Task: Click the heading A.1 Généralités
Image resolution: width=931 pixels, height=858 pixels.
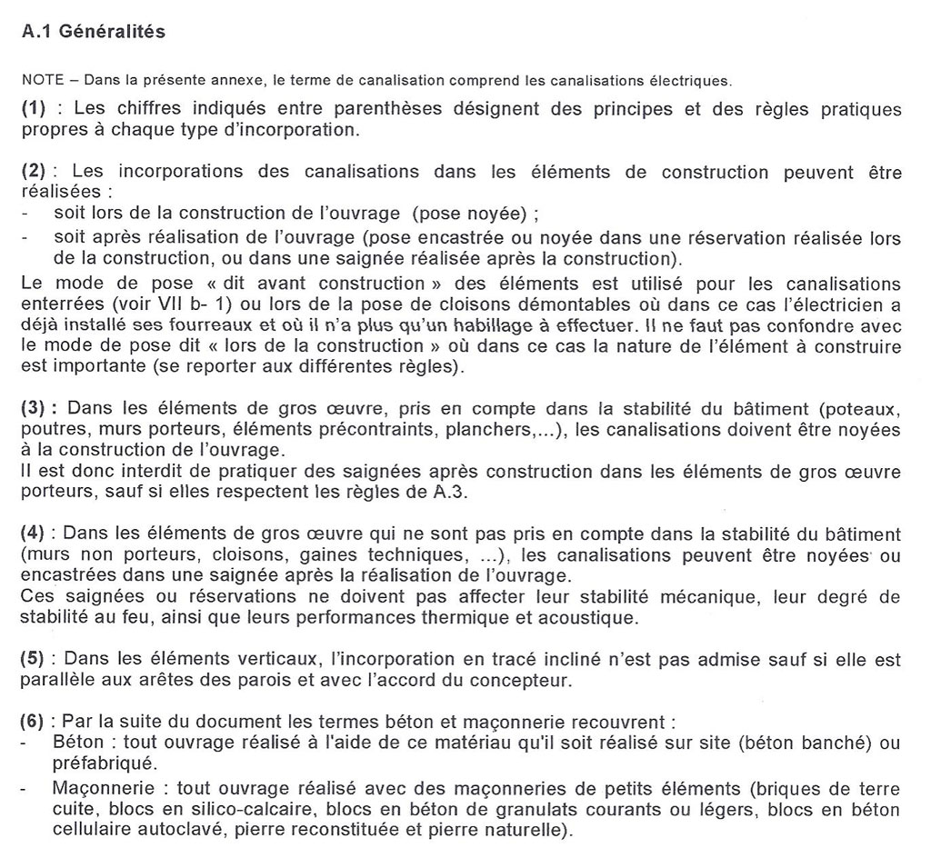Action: click(x=93, y=32)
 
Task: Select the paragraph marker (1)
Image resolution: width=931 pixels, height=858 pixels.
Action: click(x=34, y=109)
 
